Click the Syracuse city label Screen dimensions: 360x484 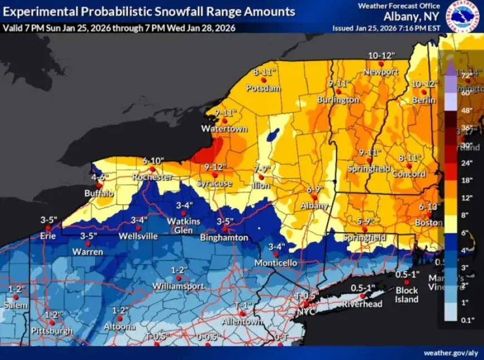click(214, 184)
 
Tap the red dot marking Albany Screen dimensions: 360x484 click(314, 197)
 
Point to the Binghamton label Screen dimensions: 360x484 click(225, 238)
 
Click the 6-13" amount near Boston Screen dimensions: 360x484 click(429, 206)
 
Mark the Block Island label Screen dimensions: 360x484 click(407, 295)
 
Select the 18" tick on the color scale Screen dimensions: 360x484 click(466, 180)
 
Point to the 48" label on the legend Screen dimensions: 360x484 click(466, 111)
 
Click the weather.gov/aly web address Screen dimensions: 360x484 click(450, 353)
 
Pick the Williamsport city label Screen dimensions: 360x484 click(179, 286)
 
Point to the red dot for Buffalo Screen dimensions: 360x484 click(99, 185)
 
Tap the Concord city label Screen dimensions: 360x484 click(408, 174)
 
